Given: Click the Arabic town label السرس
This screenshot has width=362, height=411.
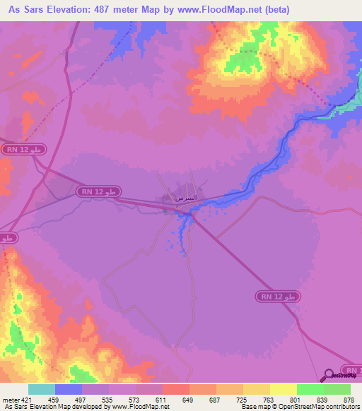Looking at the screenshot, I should pos(185,198).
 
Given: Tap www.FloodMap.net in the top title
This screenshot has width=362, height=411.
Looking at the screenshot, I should pos(213,10).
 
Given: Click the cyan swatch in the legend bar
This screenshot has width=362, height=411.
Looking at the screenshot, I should pos(41,389).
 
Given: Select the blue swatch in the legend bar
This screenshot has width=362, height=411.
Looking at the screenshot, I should pos(69,389).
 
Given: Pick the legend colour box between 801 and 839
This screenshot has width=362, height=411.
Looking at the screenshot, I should pos(310,389).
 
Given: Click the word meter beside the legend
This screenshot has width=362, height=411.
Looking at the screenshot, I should pos(10,399).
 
